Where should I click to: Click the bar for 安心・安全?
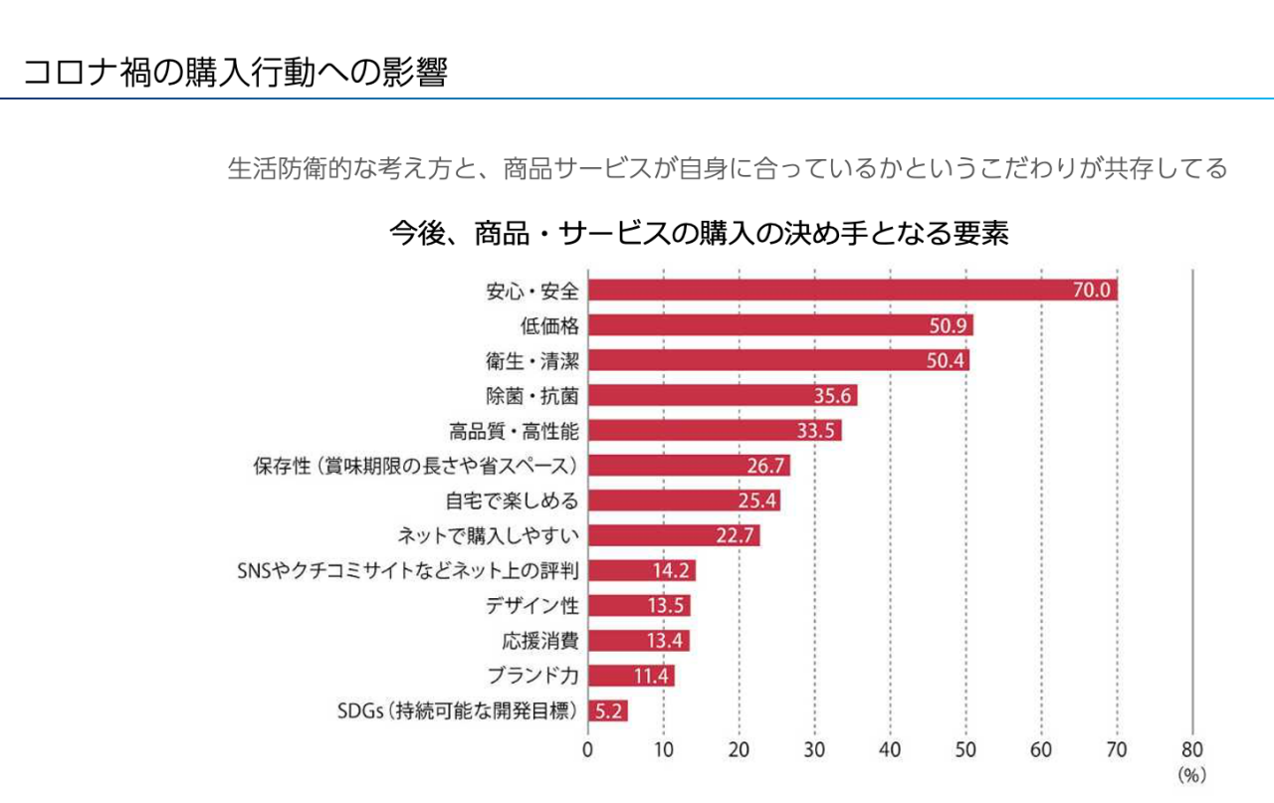pos(852,290)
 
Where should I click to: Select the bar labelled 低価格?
pos(780,325)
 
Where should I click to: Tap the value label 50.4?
pos(947,360)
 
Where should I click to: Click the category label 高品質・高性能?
pos(514,431)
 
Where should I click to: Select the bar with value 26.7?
pos(689,466)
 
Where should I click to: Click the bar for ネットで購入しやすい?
pos(674,535)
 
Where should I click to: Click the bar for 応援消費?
pos(638,641)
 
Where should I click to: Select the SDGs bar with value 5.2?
pos(607,710)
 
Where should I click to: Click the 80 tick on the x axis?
pos(1192,749)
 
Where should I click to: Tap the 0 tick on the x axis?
pos(588,749)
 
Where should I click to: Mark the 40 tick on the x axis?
pos(890,749)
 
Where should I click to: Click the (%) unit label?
pos(1191,773)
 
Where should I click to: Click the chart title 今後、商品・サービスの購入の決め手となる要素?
pos(700,233)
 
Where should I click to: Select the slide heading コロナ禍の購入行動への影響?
pos(235,73)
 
